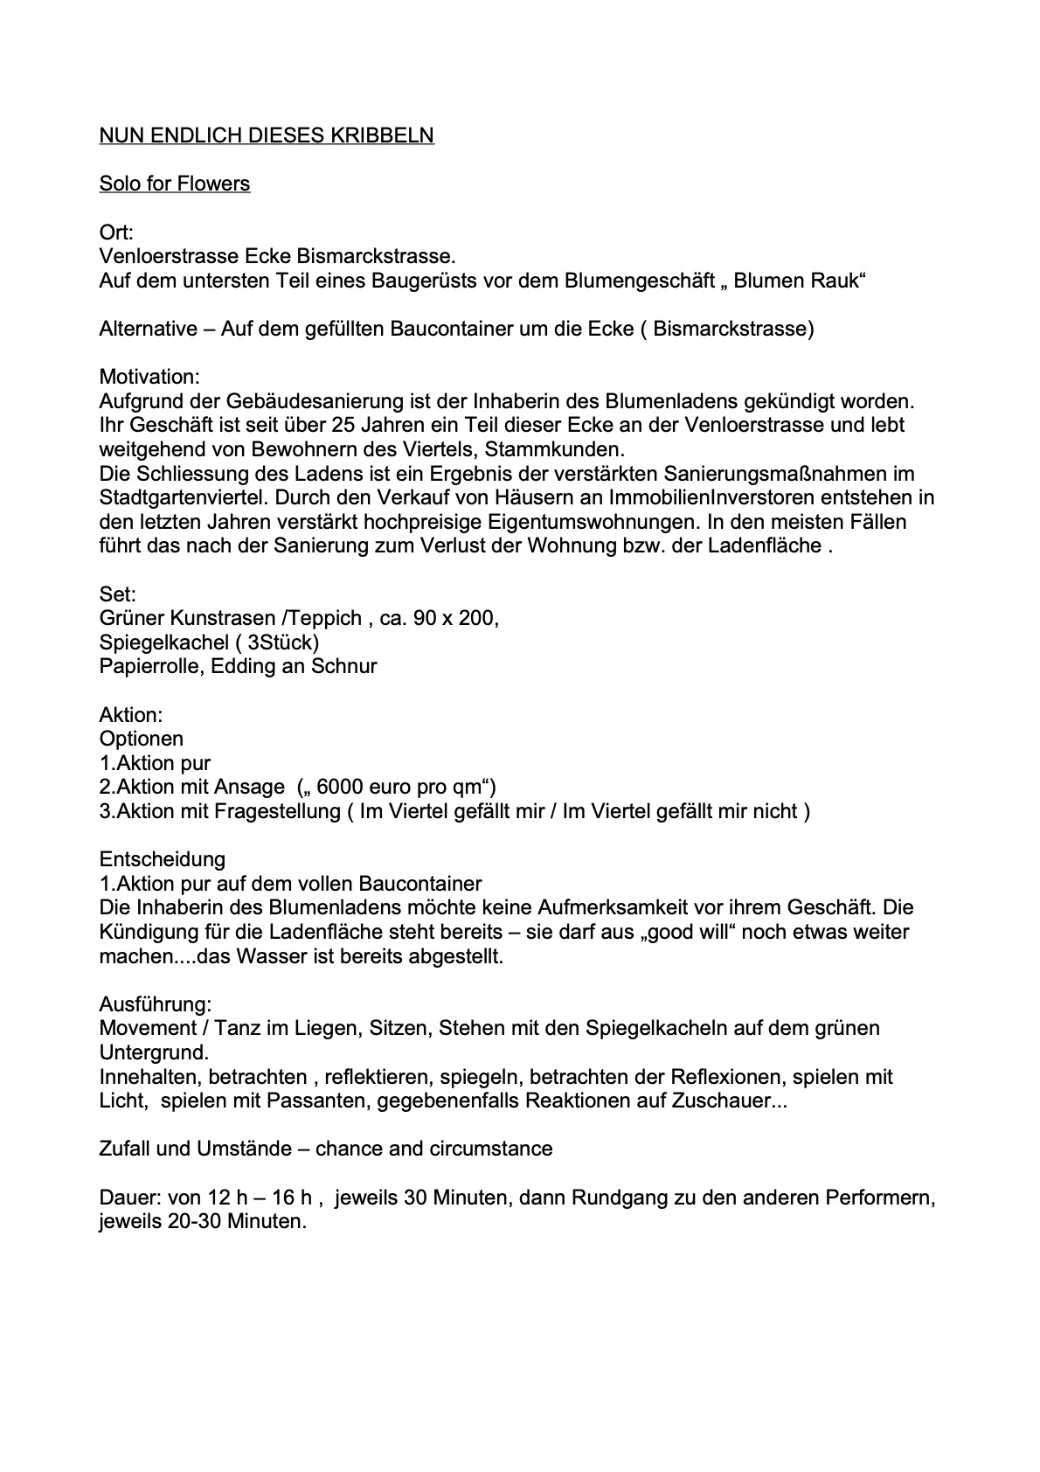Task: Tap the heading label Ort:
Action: (116, 233)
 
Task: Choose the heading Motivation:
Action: (149, 377)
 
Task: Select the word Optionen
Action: (142, 739)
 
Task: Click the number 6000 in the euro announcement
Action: (340, 787)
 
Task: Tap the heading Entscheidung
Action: (163, 859)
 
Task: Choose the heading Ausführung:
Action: (156, 1003)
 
